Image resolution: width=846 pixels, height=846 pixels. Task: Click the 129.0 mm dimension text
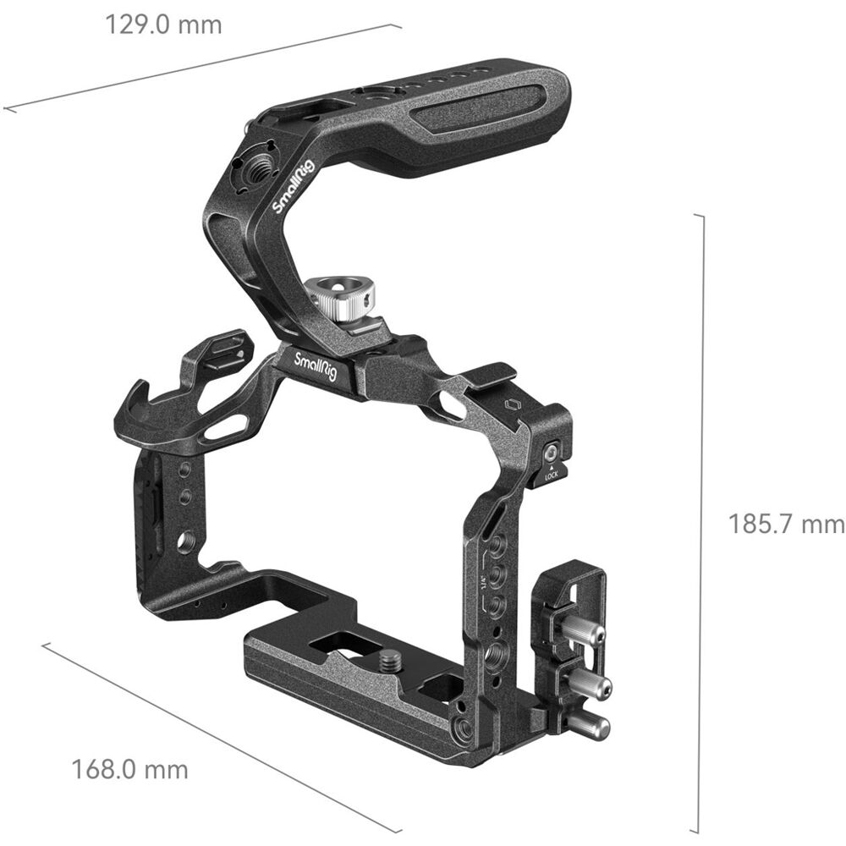[x=163, y=25]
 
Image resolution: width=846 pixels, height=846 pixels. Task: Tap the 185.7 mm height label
[x=786, y=525]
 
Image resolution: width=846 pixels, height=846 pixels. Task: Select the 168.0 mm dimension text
[x=129, y=770]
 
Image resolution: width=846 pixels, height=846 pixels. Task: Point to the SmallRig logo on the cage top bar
[x=315, y=367]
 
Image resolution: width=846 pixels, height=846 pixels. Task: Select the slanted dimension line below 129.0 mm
[x=203, y=68]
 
